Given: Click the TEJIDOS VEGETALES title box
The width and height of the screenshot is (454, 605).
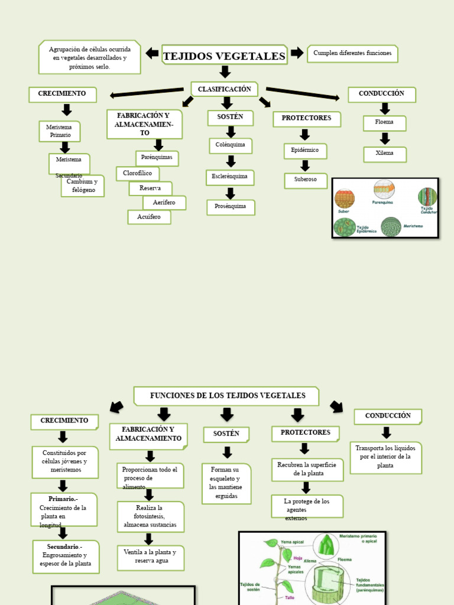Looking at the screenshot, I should coord(224,56).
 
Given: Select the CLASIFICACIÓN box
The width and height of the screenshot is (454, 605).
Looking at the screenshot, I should coord(224,89).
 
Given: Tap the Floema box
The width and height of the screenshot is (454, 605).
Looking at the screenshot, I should coord(384,123).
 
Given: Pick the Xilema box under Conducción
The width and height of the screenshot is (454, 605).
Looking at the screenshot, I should coord(384,154).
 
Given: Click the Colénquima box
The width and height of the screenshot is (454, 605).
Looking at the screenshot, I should coord(231,145).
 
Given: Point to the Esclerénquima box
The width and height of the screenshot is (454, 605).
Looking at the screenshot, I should coord(231,177).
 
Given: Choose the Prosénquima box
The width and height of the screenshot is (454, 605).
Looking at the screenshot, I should coord(231,207).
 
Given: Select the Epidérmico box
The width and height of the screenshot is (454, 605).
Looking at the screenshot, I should coord(305,151).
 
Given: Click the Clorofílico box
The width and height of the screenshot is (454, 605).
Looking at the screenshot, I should coord(138,174).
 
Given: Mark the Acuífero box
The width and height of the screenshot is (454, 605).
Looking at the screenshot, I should coord(149,217).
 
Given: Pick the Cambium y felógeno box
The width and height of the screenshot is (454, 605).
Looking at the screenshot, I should coord(83,186).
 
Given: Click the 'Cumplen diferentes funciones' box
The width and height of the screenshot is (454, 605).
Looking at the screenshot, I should coord(352,54).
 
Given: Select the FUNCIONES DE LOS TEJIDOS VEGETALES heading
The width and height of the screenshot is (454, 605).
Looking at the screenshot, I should coord(226,396).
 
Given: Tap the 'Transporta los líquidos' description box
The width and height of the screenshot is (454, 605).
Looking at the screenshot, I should coord(385,457).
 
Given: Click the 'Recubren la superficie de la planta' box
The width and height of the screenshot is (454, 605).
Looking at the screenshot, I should coord(306,469).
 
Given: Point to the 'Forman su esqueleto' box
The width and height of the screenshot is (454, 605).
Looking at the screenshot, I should coord(226,483).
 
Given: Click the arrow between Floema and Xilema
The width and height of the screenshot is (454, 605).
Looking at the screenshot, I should coord(385,138).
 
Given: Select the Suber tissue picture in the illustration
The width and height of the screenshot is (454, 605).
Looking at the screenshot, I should coord(345,199).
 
